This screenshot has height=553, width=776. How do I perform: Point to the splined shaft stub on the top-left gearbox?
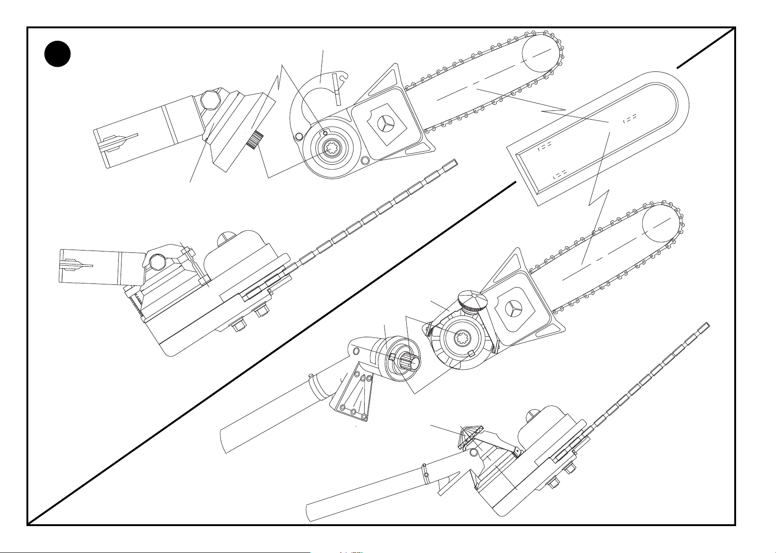click(255, 139)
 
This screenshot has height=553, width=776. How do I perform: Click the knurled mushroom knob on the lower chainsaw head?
click(472, 301)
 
